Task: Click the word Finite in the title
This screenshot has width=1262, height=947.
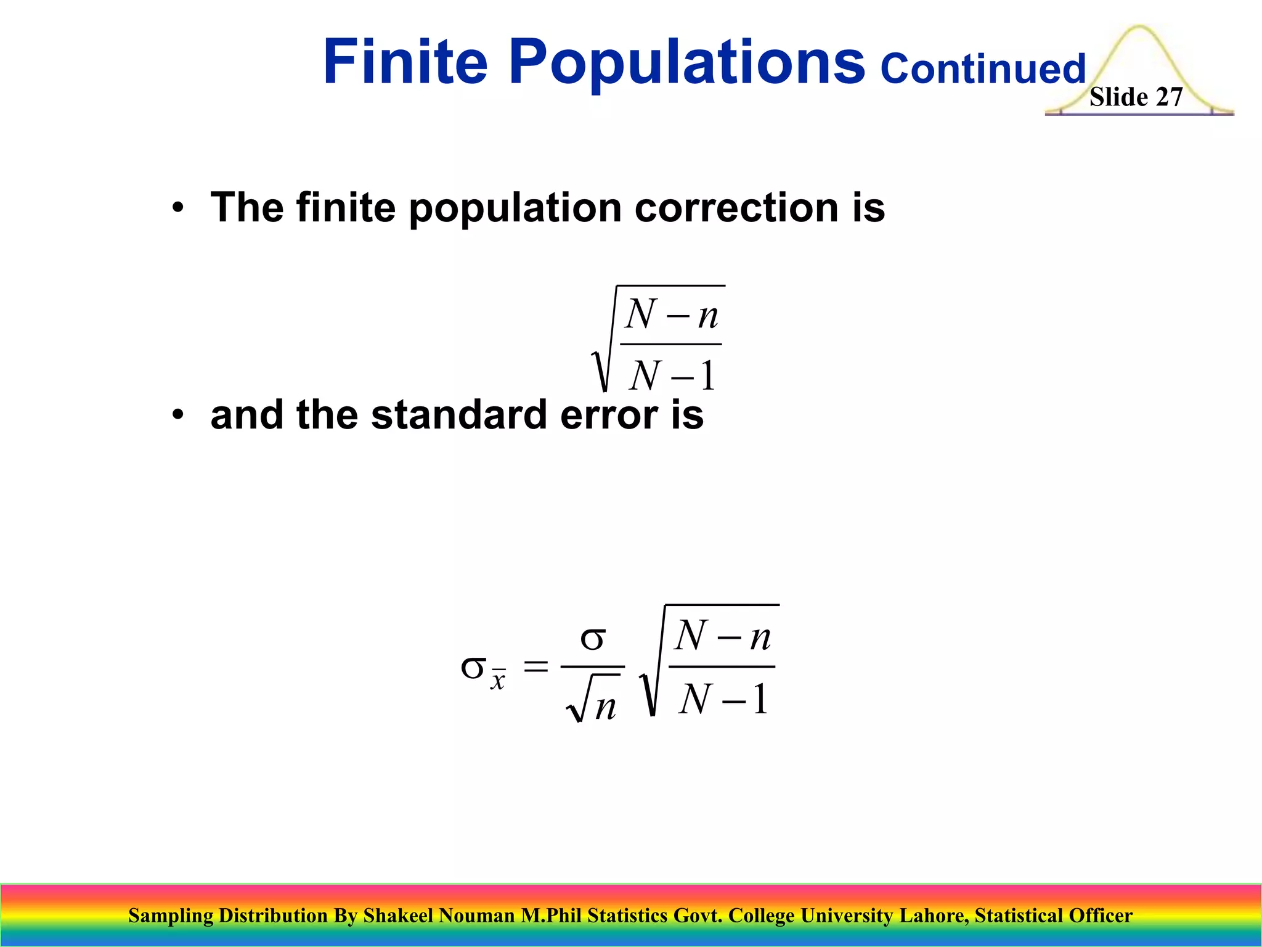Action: pos(405,62)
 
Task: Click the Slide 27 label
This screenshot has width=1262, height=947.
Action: pos(1136,97)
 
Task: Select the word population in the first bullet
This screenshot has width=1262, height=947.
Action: pos(515,210)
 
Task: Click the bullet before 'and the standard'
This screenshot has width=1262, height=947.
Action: pos(178,415)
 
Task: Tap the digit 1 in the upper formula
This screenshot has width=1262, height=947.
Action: pos(708,375)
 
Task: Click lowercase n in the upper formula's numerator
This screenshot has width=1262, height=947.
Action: pos(707,316)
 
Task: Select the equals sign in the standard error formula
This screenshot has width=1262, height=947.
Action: pos(535,666)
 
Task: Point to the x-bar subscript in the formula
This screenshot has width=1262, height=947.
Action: pos(498,679)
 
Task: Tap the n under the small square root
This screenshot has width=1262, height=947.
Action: pos(605,707)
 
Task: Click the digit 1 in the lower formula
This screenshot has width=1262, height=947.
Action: pos(760,699)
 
